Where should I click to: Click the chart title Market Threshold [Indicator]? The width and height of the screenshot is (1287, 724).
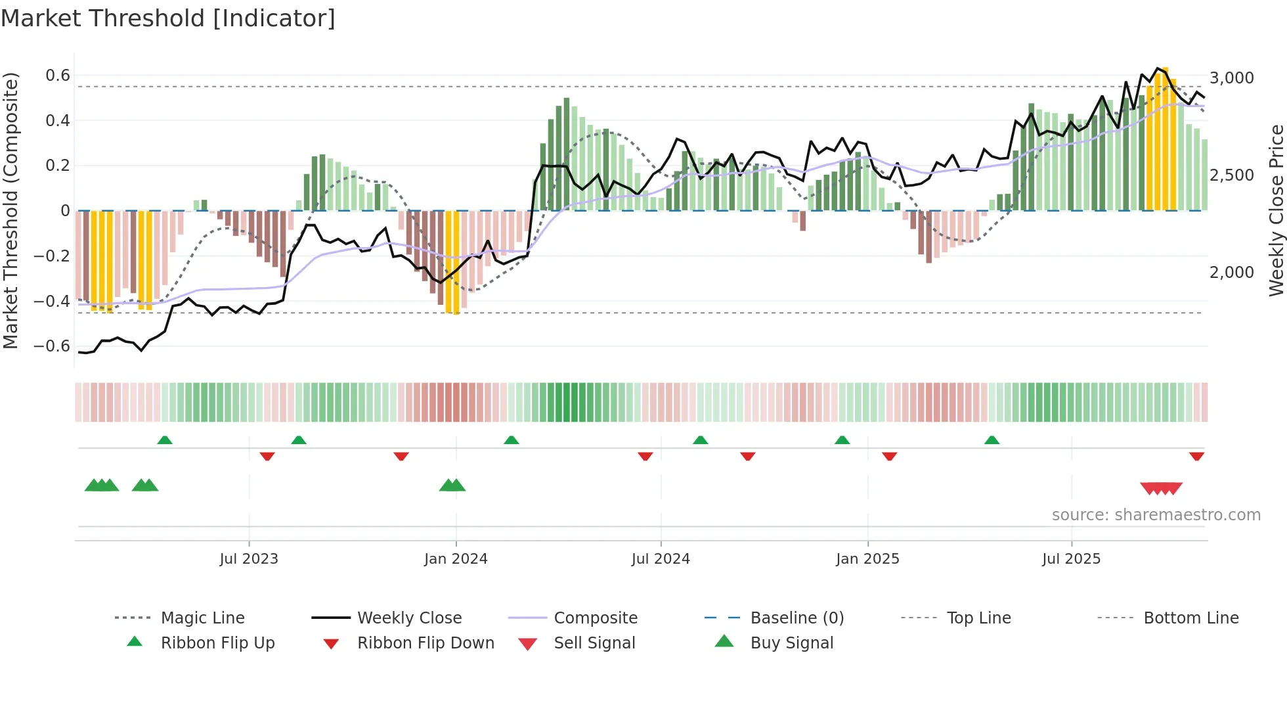pos(168,18)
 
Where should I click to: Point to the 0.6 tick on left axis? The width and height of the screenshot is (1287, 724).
pos(58,76)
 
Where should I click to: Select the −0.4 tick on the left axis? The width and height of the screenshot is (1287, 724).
pos(52,302)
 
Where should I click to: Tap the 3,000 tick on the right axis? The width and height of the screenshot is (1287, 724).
pos(1232,78)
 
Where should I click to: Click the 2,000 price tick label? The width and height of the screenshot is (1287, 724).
pos(1232,273)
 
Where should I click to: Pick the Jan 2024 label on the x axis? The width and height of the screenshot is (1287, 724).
pos(456,559)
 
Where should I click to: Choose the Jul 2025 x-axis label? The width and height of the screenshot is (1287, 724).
pos(1071,559)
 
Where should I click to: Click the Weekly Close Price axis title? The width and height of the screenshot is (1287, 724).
pos(1276,210)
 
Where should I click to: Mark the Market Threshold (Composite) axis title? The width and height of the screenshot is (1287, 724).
pos(11,210)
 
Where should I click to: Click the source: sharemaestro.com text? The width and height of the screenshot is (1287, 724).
pos(1156,515)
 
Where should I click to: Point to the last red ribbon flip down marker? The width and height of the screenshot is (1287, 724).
pos(1196,456)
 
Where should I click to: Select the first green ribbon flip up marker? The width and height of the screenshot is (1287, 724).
pos(165,440)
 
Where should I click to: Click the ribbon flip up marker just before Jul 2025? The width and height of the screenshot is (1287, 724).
pos(992,440)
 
